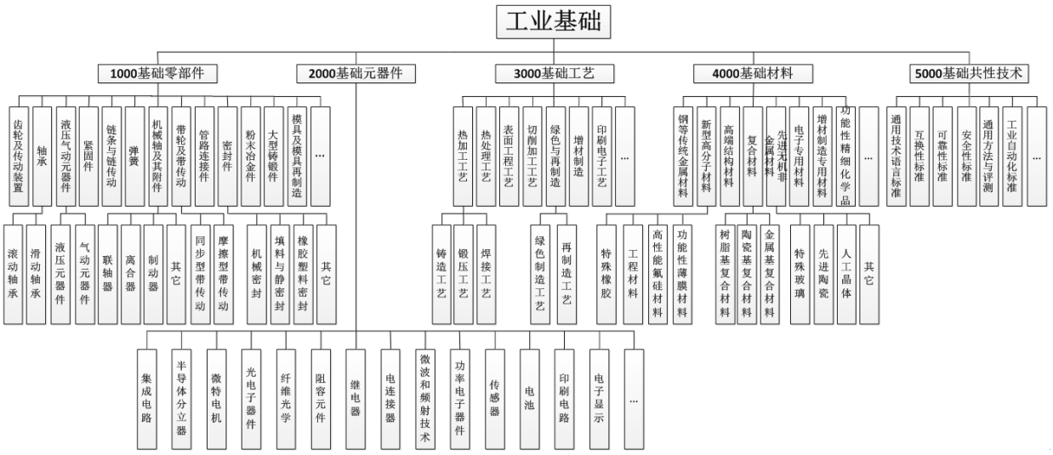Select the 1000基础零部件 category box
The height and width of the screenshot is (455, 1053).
point(157,74)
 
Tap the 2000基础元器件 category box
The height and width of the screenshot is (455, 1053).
point(356,74)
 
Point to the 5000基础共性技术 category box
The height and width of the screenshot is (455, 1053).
point(968,74)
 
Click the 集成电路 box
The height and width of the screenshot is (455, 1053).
point(146,398)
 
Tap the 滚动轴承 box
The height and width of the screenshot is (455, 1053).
point(14,274)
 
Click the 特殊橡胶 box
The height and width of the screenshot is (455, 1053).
point(607,274)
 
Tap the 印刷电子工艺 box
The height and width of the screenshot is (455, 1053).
point(602,156)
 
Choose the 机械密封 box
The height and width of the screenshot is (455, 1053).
point(257,274)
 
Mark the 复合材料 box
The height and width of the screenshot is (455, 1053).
point(753,156)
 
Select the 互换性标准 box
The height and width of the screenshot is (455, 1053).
point(919,156)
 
